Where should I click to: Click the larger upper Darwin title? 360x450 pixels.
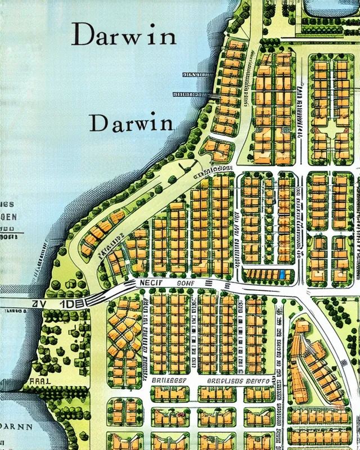[124, 35]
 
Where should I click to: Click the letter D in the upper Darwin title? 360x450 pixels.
[82, 35]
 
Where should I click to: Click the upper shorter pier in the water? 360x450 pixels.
[197, 74]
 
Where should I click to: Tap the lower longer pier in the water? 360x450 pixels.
[191, 94]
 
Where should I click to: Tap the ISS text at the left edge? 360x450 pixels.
[8, 204]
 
